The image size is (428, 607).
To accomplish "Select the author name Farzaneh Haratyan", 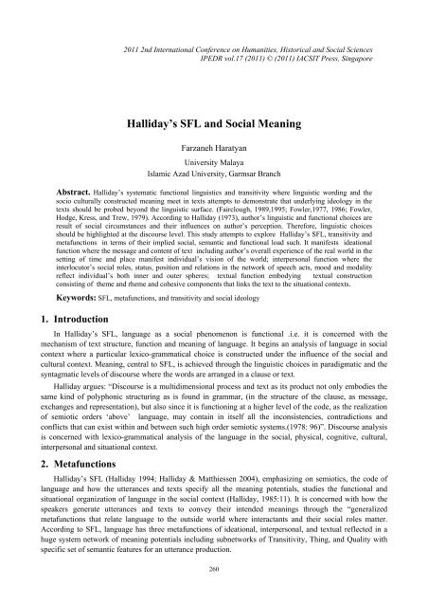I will coord(214,123).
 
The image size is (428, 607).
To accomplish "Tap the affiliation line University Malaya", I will coord(214,138).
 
